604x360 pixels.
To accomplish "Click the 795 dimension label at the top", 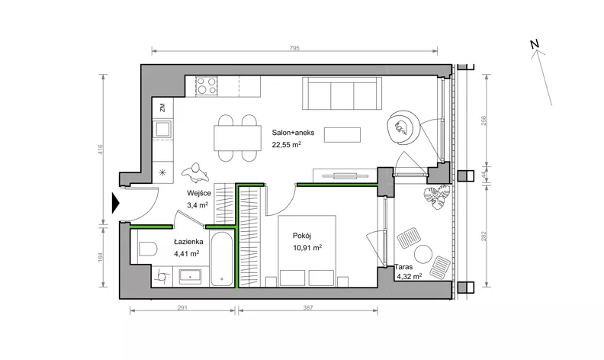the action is (x=294, y=48).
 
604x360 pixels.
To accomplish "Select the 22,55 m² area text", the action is (x=286, y=145).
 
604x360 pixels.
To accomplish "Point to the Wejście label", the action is (x=199, y=193).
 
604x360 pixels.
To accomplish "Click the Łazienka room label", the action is (x=188, y=242).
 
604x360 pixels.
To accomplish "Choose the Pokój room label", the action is (x=302, y=236).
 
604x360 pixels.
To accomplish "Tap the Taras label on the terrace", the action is (x=403, y=267).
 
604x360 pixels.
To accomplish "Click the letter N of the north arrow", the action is (x=535, y=44).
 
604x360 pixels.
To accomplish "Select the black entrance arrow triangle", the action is (x=116, y=203).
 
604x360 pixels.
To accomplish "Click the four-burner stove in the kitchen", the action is (x=206, y=86).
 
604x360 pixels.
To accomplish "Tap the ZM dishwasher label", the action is (x=162, y=107).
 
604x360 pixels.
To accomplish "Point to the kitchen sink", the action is (x=162, y=129).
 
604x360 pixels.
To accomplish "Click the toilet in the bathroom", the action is (x=147, y=249).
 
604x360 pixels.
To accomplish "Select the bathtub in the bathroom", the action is (x=222, y=259).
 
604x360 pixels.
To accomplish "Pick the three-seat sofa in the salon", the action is (x=342, y=93).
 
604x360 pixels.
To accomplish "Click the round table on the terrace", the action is (x=423, y=255).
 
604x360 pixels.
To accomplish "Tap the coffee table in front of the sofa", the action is (x=342, y=134).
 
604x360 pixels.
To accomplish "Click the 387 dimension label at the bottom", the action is (x=308, y=307).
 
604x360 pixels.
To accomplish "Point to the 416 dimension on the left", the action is (x=101, y=149).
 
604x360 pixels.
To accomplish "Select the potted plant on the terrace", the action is (x=437, y=197).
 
